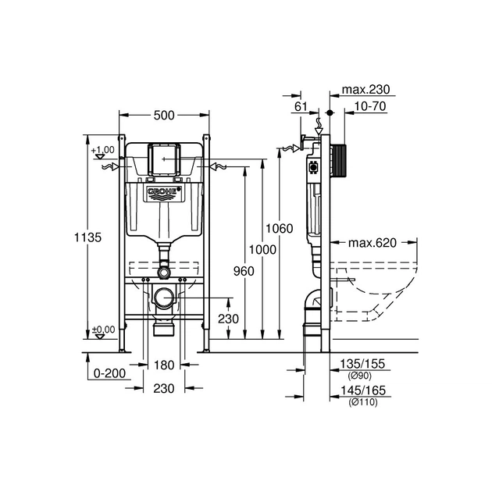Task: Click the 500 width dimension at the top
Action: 163,116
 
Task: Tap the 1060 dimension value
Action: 279,229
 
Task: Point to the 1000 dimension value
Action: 261,248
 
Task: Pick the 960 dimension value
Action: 244,270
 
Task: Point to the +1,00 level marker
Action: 102,149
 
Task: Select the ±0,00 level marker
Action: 102,330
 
